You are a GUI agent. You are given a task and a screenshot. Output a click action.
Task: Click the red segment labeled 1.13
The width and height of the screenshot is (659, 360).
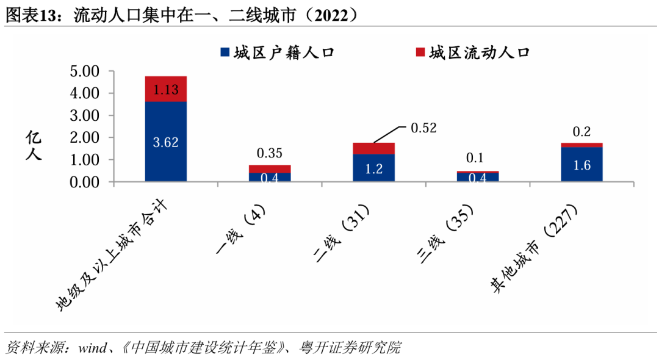166,89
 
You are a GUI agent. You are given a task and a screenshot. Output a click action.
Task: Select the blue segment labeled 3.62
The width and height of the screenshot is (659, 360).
166,142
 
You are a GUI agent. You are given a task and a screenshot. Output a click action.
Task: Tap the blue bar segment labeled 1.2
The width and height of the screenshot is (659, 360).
373,168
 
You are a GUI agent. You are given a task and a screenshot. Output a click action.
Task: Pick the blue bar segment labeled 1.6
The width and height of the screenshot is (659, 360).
582,164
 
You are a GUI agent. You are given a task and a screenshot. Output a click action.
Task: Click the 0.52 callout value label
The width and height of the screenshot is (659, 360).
424,128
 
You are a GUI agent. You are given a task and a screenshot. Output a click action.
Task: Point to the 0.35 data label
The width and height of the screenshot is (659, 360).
269,153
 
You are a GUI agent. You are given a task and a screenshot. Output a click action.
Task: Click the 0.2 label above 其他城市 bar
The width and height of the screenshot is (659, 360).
582,131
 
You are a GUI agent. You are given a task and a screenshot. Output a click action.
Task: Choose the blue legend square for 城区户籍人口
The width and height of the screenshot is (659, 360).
224,52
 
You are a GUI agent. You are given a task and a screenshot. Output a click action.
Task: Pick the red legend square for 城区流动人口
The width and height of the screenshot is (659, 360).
419,52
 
